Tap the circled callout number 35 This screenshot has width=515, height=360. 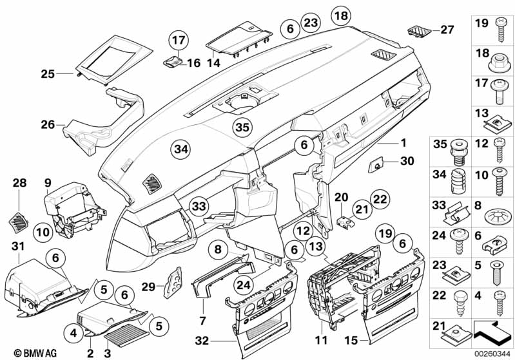point(241,128)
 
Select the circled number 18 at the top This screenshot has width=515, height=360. point(340,15)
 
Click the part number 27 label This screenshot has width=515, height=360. point(447,29)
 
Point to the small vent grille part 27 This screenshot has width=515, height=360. point(417,30)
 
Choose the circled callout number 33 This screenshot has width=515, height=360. point(200,207)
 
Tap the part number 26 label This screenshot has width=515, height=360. point(48,124)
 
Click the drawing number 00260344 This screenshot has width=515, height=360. point(491,353)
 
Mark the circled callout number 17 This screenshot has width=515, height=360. point(178,42)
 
